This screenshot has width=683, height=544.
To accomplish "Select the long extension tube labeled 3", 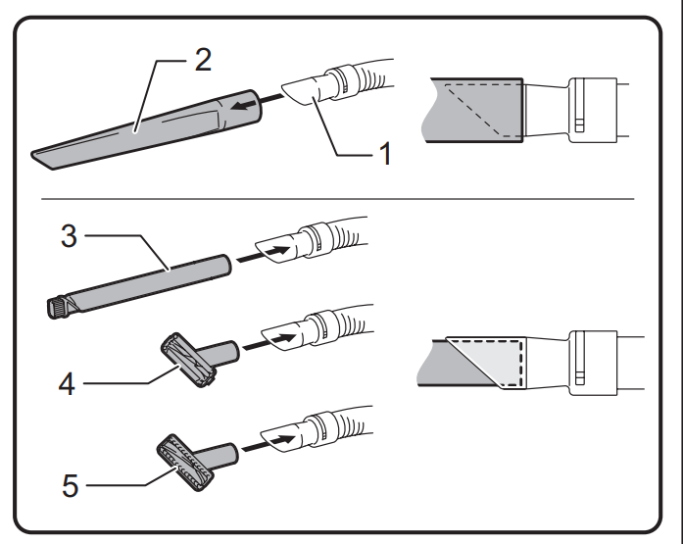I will click(x=147, y=278).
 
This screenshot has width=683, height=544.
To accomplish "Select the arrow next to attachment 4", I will click(x=270, y=338).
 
